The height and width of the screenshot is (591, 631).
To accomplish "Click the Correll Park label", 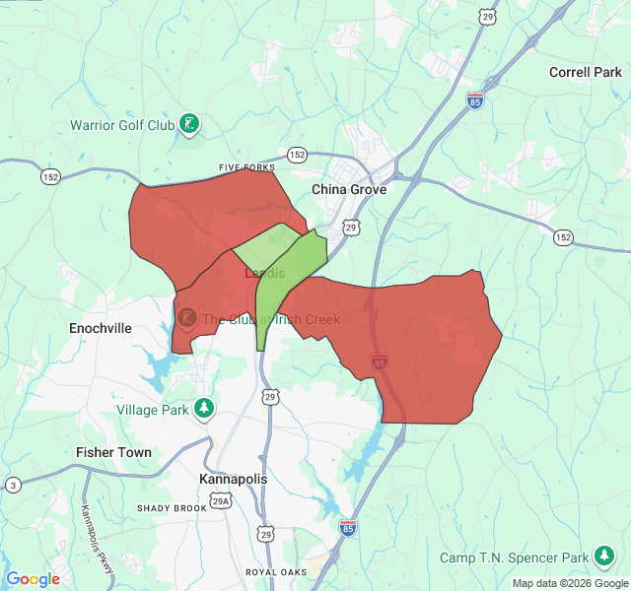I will [x=586, y=72].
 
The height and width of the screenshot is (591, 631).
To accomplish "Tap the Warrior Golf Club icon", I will [x=189, y=124].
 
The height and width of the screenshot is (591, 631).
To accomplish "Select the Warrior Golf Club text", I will [x=121, y=125].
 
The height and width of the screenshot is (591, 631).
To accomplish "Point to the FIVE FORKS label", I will [x=246, y=168].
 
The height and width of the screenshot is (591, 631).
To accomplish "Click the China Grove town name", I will [x=349, y=189].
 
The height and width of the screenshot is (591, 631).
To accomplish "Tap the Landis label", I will [x=263, y=273].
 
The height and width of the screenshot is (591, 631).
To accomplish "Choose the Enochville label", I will [x=101, y=328].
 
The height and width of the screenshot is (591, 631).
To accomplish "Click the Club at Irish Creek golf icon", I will [x=186, y=318].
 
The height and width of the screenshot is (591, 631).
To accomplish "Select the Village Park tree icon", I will [x=204, y=408].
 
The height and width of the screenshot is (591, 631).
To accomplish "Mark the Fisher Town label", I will [x=114, y=452].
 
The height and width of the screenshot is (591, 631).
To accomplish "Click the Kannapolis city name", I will [x=234, y=479].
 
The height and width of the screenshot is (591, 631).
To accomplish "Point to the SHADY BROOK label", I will [x=173, y=508].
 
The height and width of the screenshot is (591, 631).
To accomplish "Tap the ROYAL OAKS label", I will [x=277, y=572].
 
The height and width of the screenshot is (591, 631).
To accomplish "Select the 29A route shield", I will [x=226, y=501].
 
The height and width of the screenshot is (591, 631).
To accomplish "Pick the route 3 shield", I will [x=12, y=485].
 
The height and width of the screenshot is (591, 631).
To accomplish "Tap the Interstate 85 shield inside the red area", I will [x=380, y=362].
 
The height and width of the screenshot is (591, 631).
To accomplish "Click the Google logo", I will [x=33, y=579].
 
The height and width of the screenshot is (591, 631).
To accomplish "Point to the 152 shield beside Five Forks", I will [x=297, y=155].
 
